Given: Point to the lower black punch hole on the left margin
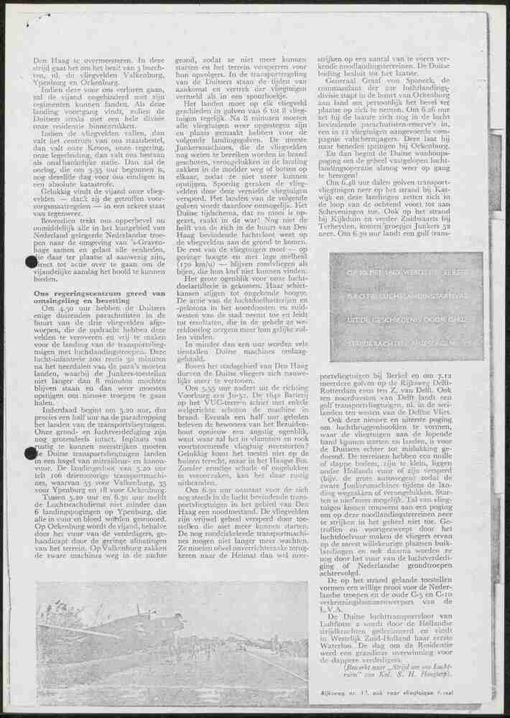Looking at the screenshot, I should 31,453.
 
